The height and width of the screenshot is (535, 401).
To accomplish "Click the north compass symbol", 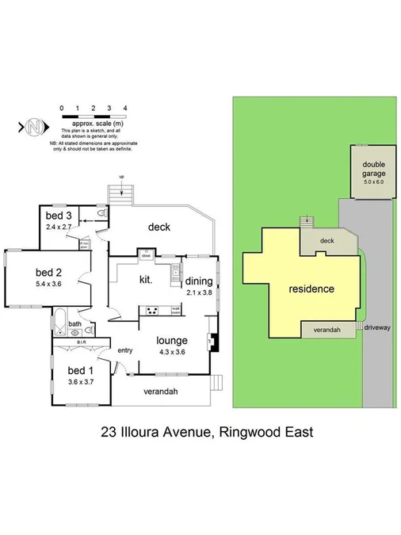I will click(33, 126).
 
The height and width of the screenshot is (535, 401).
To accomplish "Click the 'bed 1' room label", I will click(81, 370).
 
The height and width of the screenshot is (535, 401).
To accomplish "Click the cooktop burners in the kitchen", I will click(153, 310).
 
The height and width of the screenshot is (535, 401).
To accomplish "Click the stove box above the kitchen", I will click(147, 255).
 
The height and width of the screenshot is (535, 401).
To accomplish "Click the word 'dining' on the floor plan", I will click(200, 281).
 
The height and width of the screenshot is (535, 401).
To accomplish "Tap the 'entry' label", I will click(124, 350).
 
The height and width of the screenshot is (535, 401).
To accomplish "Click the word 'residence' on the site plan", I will click(311, 289).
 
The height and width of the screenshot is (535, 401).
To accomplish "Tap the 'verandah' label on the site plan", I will click(327, 329).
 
